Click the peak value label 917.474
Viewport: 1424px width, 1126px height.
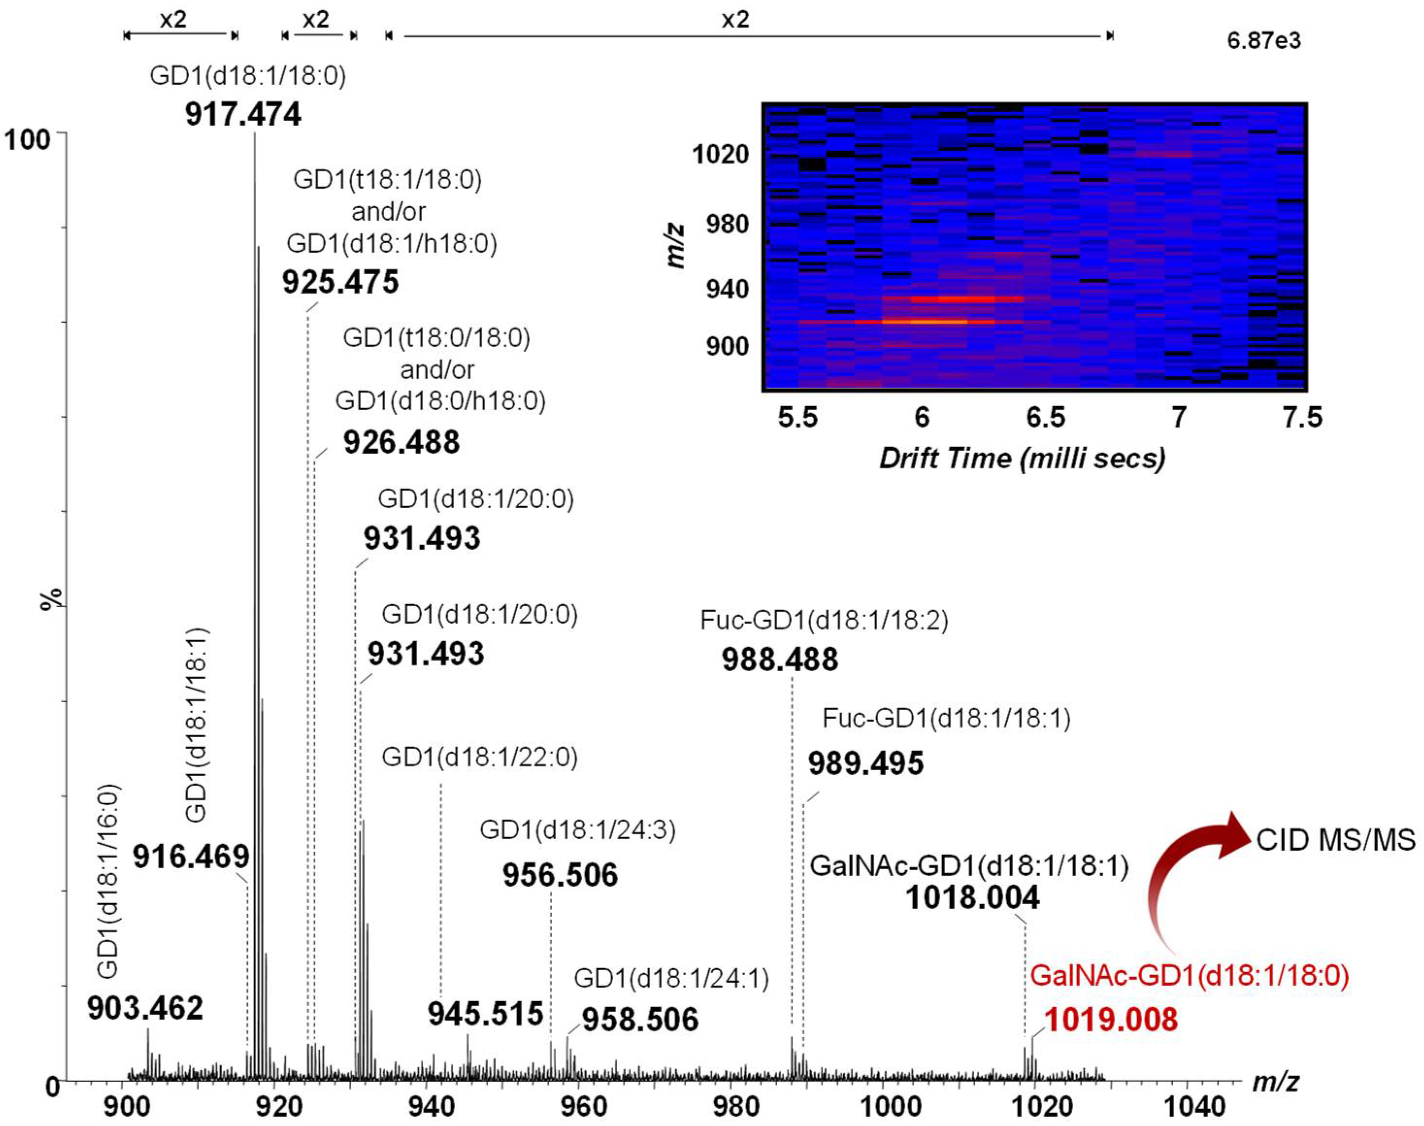coord(243,114)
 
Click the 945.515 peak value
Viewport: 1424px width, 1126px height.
coord(486,1013)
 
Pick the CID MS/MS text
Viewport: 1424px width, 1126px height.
coord(1336,840)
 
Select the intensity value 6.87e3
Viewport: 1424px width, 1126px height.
coord(1264,41)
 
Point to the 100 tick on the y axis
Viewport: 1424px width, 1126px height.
coord(28,140)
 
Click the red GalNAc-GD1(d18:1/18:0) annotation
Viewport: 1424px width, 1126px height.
coord(1189,975)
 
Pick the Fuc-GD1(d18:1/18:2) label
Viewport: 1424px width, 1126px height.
coord(824,620)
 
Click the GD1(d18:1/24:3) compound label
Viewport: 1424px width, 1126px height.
coord(577,830)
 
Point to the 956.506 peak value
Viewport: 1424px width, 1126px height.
coord(560,875)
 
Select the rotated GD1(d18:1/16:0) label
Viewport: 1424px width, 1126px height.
coord(107,880)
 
